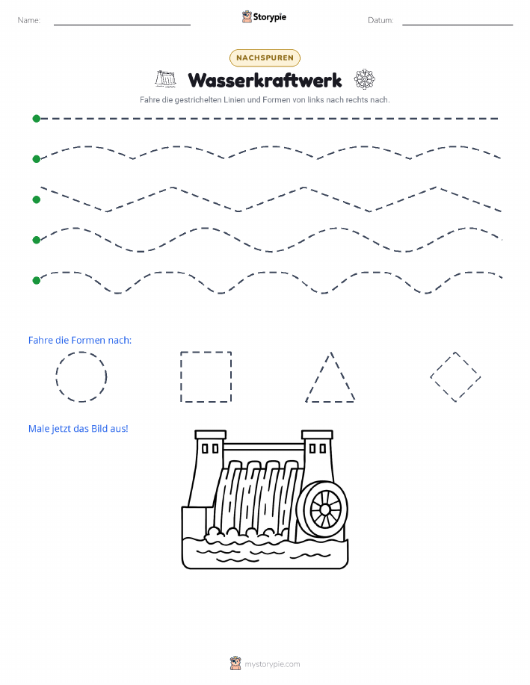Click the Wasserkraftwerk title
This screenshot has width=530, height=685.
point(265,81)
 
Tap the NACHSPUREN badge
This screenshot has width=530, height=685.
point(265,58)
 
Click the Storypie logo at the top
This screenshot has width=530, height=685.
point(264,17)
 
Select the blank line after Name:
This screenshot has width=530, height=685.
point(122,25)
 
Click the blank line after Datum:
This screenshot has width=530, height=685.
point(457,25)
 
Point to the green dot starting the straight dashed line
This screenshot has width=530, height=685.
point(37,118)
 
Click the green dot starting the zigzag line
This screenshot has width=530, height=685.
point(37,199)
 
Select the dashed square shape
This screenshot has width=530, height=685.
point(181,376)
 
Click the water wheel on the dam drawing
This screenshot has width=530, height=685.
point(325,509)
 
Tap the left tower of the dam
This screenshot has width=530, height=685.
point(205,468)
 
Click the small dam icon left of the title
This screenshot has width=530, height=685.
point(165,78)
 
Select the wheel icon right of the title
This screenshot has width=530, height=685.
point(365,79)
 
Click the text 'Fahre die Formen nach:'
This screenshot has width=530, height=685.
point(79,341)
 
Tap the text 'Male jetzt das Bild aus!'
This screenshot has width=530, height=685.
point(78,429)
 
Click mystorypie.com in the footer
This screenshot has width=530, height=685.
point(272,664)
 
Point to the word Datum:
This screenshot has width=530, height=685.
point(380,20)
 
